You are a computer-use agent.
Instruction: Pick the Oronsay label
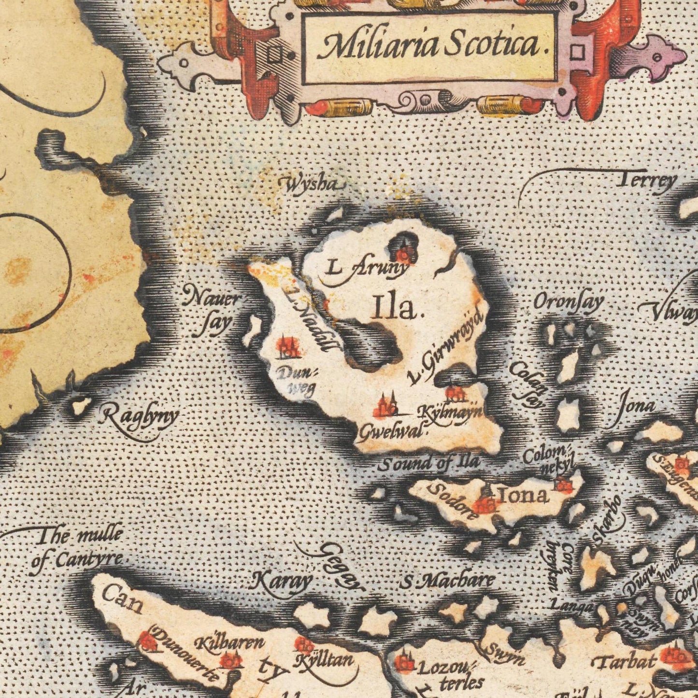568,303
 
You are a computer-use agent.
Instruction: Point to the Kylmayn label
449,413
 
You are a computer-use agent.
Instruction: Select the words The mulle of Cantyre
77,548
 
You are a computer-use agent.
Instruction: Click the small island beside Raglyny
81,406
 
